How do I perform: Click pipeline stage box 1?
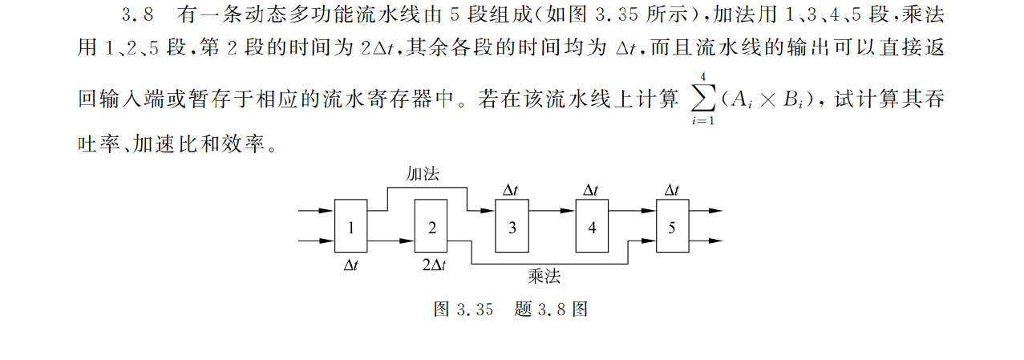pyautogui.click(x=350, y=225)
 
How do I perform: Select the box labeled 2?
pyautogui.click(x=431, y=225)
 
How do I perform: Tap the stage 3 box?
pyautogui.click(x=512, y=225)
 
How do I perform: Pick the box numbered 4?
pyautogui.click(x=592, y=225)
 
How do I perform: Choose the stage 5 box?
pyautogui.click(x=673, y=225)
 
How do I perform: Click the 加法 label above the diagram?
pyautogui.click(x=423, y=174)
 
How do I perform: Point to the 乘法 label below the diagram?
pyautogui.click(x=544, y=276)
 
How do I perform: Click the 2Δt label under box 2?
pyautogui.click(x=434, y=265)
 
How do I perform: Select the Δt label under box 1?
pyautogui.click(x=350, y=265)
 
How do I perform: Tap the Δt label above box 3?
pyautogui.click(x=510, y=189)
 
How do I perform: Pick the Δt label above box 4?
pyautogui.click(x=591, y=189)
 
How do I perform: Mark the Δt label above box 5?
pyautogui.click(x=671, y=189)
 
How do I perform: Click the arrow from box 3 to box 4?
pyautogui.click(x=552, y=211)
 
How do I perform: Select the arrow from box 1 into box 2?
pyautogui.click(x=391, y=241)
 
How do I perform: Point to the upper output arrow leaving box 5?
pyautogui.click(x=706, y=211)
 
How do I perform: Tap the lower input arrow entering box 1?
pyautogui.click(x=317, y=241)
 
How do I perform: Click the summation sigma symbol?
pyautogui.click(x=702, y=99)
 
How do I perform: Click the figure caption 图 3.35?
pyautogui.click(x=463, y=309)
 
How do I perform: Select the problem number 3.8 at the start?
pyautogui.click(x=137, y=15)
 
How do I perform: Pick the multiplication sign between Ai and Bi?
pyautogui.click(x=768, y=100)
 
